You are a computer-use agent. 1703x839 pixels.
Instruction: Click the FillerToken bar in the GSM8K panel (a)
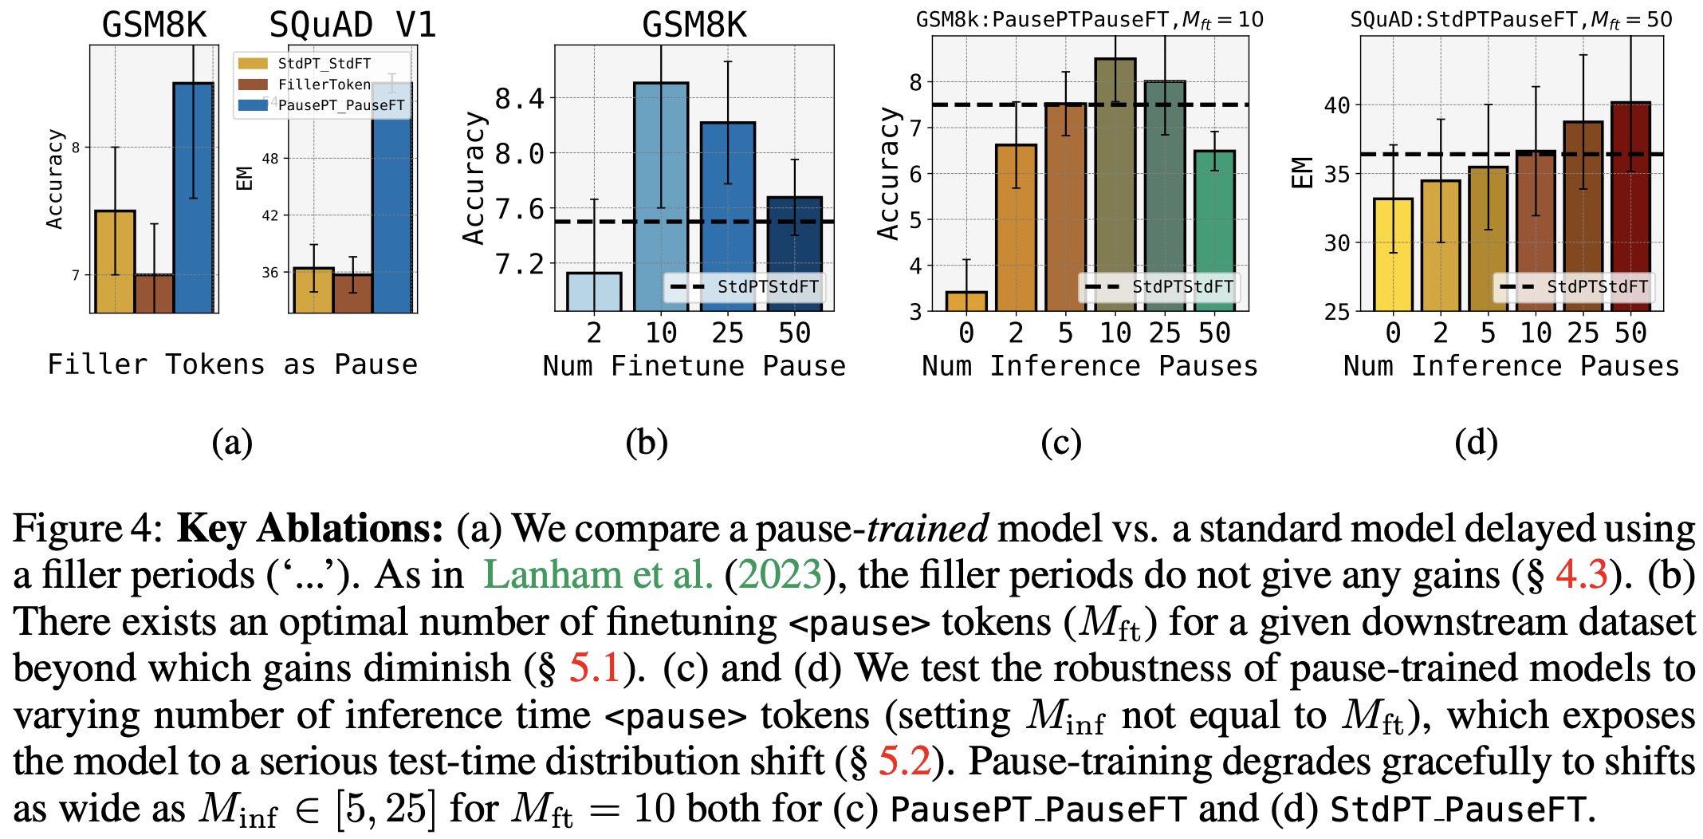[x=154, y=293]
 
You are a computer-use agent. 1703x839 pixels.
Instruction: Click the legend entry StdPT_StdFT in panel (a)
[x=324, y=64]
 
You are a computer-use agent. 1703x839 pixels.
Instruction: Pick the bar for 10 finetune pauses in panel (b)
[x=661, y=196]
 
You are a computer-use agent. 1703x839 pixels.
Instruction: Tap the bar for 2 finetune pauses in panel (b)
[x=594, y=291]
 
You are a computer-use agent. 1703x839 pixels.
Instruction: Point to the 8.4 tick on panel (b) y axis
[x=519, y=99]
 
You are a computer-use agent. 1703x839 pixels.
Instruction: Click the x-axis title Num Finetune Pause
[x=694, y=366]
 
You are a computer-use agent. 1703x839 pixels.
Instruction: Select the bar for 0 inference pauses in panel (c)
[x=966, y=301]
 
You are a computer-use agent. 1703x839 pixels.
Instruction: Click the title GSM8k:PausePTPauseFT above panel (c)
[x=1089, y=20]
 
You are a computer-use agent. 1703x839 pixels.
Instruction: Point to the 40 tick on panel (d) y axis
[x=1337, y=105]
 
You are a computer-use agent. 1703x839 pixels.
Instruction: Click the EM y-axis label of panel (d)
[x=1301, y=173]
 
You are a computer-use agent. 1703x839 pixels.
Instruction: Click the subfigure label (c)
[x=1061, y=443]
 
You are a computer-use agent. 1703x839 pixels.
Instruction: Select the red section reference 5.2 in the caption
[x=904, y=761]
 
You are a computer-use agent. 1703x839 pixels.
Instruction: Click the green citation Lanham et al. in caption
[x=597, y=574]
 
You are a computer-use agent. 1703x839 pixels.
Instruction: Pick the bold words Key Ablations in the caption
[x=309, y=528]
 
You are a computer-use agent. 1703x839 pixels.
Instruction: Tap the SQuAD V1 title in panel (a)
[x=352, y=26]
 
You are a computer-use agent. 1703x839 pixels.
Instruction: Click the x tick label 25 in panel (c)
[x=1164, y=333]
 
